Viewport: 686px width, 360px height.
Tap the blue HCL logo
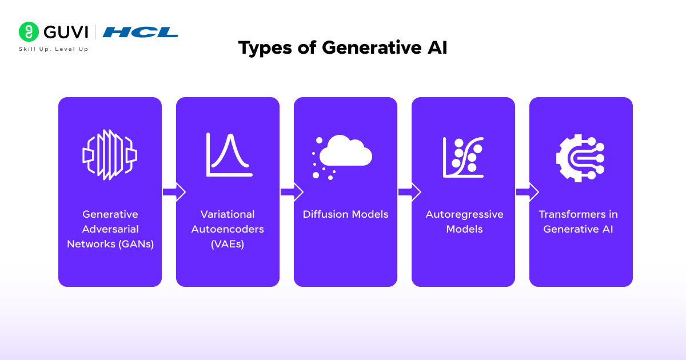pyautogui.click(x=140, y=32)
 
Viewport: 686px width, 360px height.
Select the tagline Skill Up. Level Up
pyautogui.click(x=54, y=49)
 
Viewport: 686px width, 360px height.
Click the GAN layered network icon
pyautogui.click(x=110, y=155)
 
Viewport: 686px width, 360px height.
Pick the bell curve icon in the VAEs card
pyautogui.click(x=229, y=154)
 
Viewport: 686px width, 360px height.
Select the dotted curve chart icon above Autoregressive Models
pyautogui.click(x=463, y=157)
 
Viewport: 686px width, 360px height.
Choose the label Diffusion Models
pyautogui.click(x=345, y=214)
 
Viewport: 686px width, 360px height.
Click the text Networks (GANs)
pyautogui.click(x=110, y=244)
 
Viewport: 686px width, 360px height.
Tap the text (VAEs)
pyautogui.click(x=228, y=244)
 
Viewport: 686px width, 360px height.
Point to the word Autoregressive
pyautogui.click(x=464, y=214)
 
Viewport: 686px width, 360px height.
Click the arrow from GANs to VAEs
pyautogui.click(x=174, y=192)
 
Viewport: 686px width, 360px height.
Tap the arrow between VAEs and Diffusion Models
pyautogui.click(x=292, y=192)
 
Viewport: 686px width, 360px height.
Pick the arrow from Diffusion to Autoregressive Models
pyautogui.click(x=409, y=192)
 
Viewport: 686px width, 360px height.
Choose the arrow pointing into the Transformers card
pyautogui.click(x=527, y=192)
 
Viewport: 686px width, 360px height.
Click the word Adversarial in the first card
pyautogui.click(x=110, y=229)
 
